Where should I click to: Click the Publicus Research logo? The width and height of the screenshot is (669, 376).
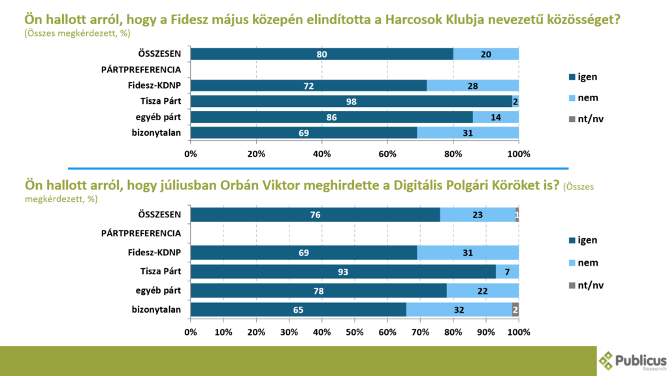coord(632,360)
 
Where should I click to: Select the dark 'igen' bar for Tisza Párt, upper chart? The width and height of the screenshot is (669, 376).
coord(351,101)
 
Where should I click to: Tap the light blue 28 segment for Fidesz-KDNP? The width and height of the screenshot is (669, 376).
coord(472,86)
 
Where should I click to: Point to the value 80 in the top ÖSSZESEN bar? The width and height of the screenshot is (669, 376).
coord(321,54)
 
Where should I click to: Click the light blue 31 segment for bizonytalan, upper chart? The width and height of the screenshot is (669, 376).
coord(468,133)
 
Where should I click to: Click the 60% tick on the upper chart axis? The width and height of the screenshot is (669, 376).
coord(387,154)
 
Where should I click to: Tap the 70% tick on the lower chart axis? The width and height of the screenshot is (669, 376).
coord(420,332)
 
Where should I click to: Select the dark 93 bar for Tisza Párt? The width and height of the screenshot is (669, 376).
coord(343,271)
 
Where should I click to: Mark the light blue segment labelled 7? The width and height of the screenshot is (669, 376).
coord(507,271)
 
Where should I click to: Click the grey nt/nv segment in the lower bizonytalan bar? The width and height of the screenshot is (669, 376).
coord(515,310)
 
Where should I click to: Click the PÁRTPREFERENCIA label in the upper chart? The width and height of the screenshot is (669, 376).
coord(141,69)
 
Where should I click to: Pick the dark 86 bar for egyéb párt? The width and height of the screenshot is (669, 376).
coord(331,117)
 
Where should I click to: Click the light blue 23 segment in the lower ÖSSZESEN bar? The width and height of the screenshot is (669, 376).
coord(478,215)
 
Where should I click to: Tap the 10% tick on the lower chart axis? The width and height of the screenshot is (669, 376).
coord(223,332)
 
